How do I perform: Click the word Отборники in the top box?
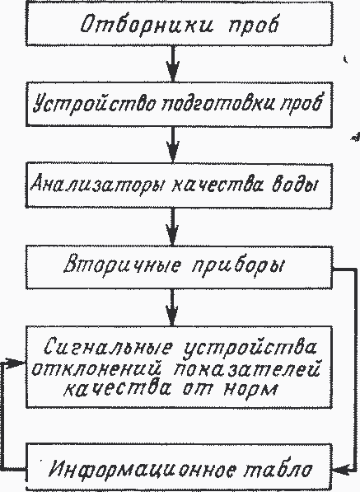pyautogui.click(x=147, y=25)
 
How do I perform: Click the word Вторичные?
pyautogui.click(x=123, y=266)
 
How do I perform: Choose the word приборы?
pyautogui.click(x=237, y=267)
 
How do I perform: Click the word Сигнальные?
pyautogui.click(x=108, y=347)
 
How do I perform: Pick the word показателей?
pyautogui.click(x=246, y=369)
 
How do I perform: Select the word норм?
pyautogui.click(x=251, y=389)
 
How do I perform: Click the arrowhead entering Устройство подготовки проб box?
pyautogui.click(x=173, y=72)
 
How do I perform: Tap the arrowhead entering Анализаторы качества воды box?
pyautogui.click(x=173, y=152)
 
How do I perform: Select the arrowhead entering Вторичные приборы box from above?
pyautogui.click(x=172, y=235)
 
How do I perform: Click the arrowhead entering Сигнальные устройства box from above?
pyautogui.click(x=172, y=316)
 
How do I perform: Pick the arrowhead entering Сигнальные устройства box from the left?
pyautogui.click(x=15, y=363)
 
